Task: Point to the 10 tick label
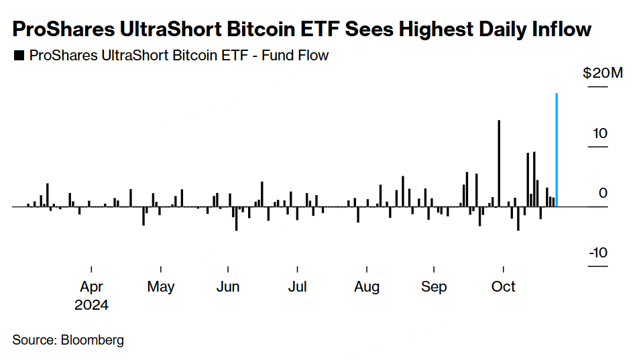[599, 133]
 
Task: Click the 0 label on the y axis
[603, 193]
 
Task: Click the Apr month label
[91, 287]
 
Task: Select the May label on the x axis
[160, 287]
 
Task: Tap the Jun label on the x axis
[228, 287]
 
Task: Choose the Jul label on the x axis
[297, 287]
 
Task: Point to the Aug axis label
[366, 287]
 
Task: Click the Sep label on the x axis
[434, 287]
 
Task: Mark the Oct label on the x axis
[504, 287]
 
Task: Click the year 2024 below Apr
[91, 305]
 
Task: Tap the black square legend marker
[18, 56]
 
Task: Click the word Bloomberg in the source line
[92, 340]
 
